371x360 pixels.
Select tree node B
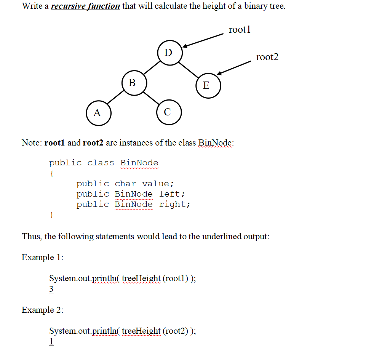pos(132,82)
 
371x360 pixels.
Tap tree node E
pos(206,85)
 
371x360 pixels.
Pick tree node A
pos(98,113)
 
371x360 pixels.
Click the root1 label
pos(240,30)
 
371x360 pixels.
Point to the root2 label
pos(267,57)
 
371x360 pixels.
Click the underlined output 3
pos(51,290)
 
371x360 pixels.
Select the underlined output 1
pos(51,342)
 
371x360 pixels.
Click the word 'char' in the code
pos(125,184)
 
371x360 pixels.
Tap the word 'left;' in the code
pos(172,194)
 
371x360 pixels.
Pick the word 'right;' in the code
pos(174,204)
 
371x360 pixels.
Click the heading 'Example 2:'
pos(43,310)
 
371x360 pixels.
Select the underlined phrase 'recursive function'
pos(85,6)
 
